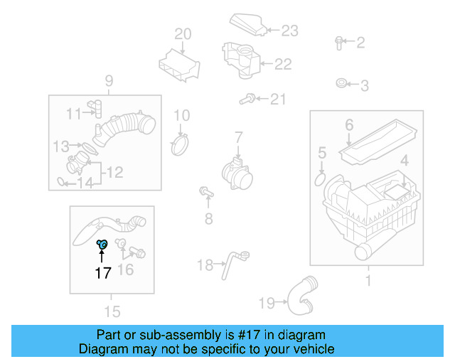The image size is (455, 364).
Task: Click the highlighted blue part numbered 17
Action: tap(102, 245)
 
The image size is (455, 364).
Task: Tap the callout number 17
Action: tap(103, 272)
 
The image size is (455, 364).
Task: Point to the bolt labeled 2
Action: tap(339, 42)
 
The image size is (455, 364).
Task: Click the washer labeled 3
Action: tap(342, 85)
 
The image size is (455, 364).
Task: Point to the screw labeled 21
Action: tap(249, 98)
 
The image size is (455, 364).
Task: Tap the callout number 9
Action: tap(109, 80)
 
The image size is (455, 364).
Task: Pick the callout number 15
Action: tap(112, 311)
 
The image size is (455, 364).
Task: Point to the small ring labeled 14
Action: tap(62, 183)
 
